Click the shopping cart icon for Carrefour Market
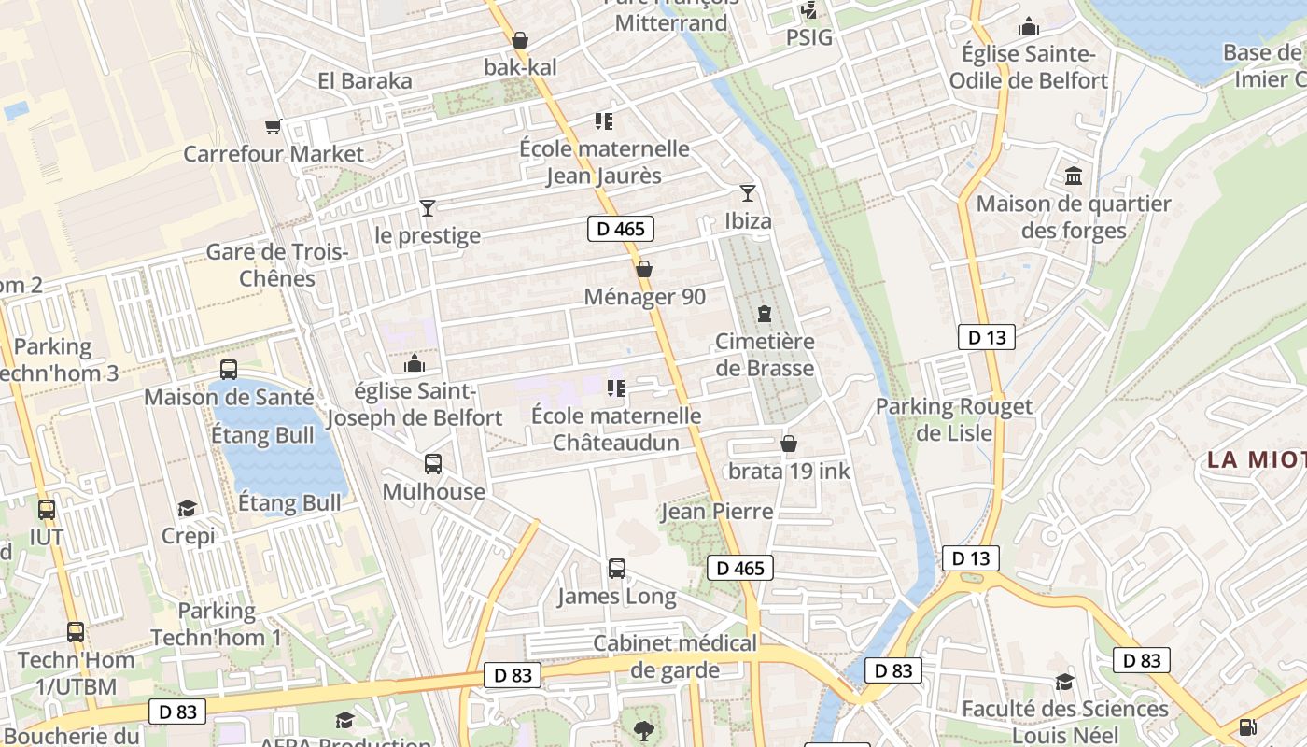click(273, 126)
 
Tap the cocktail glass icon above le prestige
click(428, 207)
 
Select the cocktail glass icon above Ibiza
click(748, 193)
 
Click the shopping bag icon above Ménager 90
click(644, 270)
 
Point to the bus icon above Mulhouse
click(433, 463)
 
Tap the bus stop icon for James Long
click(617, 568)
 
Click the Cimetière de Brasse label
click(765, 355)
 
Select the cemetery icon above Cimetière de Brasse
click(765, 314)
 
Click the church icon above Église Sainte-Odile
click(1029, 26)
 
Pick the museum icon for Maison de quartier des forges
click(1074, 176)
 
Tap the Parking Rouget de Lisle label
click(954, 419)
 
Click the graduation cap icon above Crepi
click(188, 508)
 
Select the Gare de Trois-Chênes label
click(277, 265)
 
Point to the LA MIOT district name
click(1256, 459)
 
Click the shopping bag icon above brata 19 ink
click(789, 444)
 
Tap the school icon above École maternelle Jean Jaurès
click(604, 121)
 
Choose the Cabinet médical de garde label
click(675, 656)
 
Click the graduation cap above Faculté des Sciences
click(1064, 682)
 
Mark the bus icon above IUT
click(47, 510)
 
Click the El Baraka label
click(365, 80)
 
